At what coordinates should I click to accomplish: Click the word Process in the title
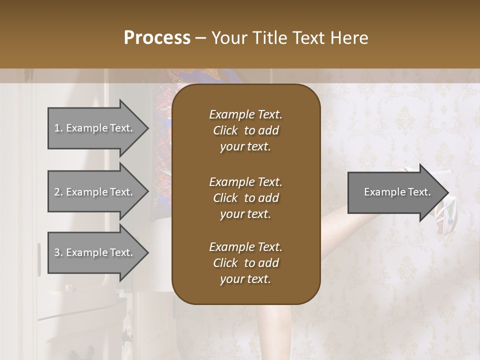tap(157, 37)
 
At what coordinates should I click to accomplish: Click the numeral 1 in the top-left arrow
tap(57, 128)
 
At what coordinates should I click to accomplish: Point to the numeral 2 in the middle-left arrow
tap(57, 192)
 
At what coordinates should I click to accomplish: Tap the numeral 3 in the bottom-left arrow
tap(57, 252)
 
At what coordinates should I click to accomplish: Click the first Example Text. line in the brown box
tap(245, 114)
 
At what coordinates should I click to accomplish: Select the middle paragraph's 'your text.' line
tap(245, 214)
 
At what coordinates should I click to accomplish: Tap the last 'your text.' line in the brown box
tap(245, 279)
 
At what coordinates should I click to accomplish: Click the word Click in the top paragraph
tap(225, 130)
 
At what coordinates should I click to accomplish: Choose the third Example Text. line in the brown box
tap(245, 247)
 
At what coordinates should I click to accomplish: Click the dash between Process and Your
tap(201, 38)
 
